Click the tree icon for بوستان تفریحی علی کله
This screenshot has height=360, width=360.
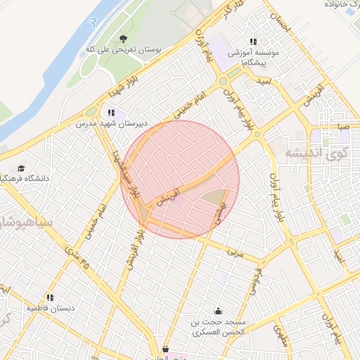click(124, 39)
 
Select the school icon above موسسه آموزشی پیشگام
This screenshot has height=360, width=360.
click(253, 41)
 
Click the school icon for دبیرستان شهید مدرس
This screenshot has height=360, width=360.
click(111, 112)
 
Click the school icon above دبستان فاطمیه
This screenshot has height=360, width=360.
click(50, 297)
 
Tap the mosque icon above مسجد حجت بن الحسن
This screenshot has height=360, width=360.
click(218, 311)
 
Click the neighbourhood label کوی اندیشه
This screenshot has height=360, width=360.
click(316, 152)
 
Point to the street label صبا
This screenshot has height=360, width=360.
click(342, 126)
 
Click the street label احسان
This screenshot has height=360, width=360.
click(281, 22)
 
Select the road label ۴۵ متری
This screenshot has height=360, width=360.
click(77, 257)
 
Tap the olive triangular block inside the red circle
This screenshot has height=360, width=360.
click(218, 199)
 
